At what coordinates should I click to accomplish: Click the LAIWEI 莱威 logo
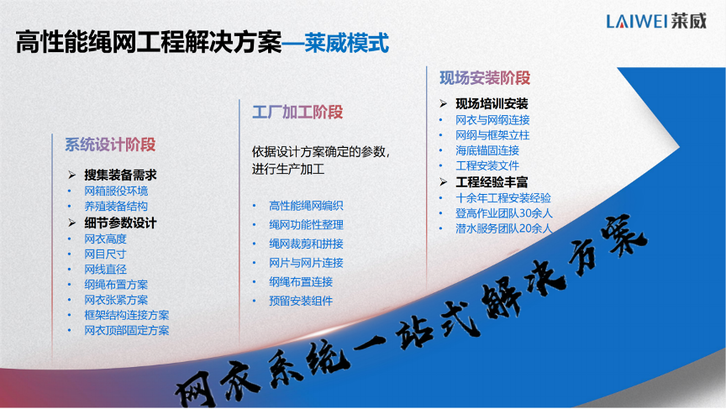(x=656, y=21)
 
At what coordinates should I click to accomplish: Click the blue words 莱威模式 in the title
(x=347, y=43)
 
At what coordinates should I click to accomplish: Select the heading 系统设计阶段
(x=110, y=144)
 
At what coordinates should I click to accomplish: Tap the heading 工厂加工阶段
(x=297, y=112)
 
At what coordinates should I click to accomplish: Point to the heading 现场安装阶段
(x=485, y=78)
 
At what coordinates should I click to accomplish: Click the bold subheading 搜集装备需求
(x=120, y=175)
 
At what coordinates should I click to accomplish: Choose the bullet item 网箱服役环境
(x=116, y=191)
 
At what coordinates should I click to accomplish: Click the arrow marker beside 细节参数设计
(x=71, y=223)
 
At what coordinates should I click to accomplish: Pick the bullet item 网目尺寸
(x=105, y=254)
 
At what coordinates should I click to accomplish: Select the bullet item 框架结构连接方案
(x=126, y=315)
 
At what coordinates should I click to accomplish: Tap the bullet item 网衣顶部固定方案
(x=126, y=330)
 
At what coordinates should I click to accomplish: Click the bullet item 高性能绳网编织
(x=306, y=206)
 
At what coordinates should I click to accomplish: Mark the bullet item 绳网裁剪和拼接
(x=306, y=244)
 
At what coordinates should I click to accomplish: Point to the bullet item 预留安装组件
(x=301, y=302)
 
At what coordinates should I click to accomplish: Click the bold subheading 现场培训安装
(x=492, y=103)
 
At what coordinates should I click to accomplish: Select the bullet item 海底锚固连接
(x=487, y=150)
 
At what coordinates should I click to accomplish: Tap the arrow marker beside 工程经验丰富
(x=443, y=182)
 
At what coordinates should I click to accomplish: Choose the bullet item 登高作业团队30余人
(x=504, y=213)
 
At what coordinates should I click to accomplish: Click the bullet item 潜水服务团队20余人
(x=504, y=228)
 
